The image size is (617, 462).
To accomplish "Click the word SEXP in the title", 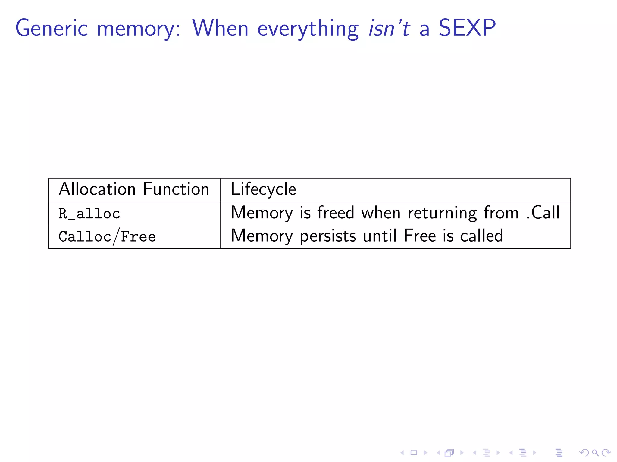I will point(467,28).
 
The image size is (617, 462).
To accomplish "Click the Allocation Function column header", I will point(134,189).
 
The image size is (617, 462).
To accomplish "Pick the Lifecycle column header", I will point(263,189).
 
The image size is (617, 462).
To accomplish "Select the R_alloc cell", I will point(89,214).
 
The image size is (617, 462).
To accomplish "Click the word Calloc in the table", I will point(85,237).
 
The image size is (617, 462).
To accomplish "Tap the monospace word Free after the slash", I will point(138,237).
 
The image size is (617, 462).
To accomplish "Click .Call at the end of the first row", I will point(543,213).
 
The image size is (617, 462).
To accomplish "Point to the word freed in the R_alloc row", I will point(336,213).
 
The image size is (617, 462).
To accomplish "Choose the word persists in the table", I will point(328,236).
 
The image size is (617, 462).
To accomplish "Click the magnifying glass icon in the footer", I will point(595,452).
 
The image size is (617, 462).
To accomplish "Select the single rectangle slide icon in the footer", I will point(414,452).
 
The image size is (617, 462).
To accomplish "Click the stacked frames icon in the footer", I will point(449,452).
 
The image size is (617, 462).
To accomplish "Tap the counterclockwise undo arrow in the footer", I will point(584,452).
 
